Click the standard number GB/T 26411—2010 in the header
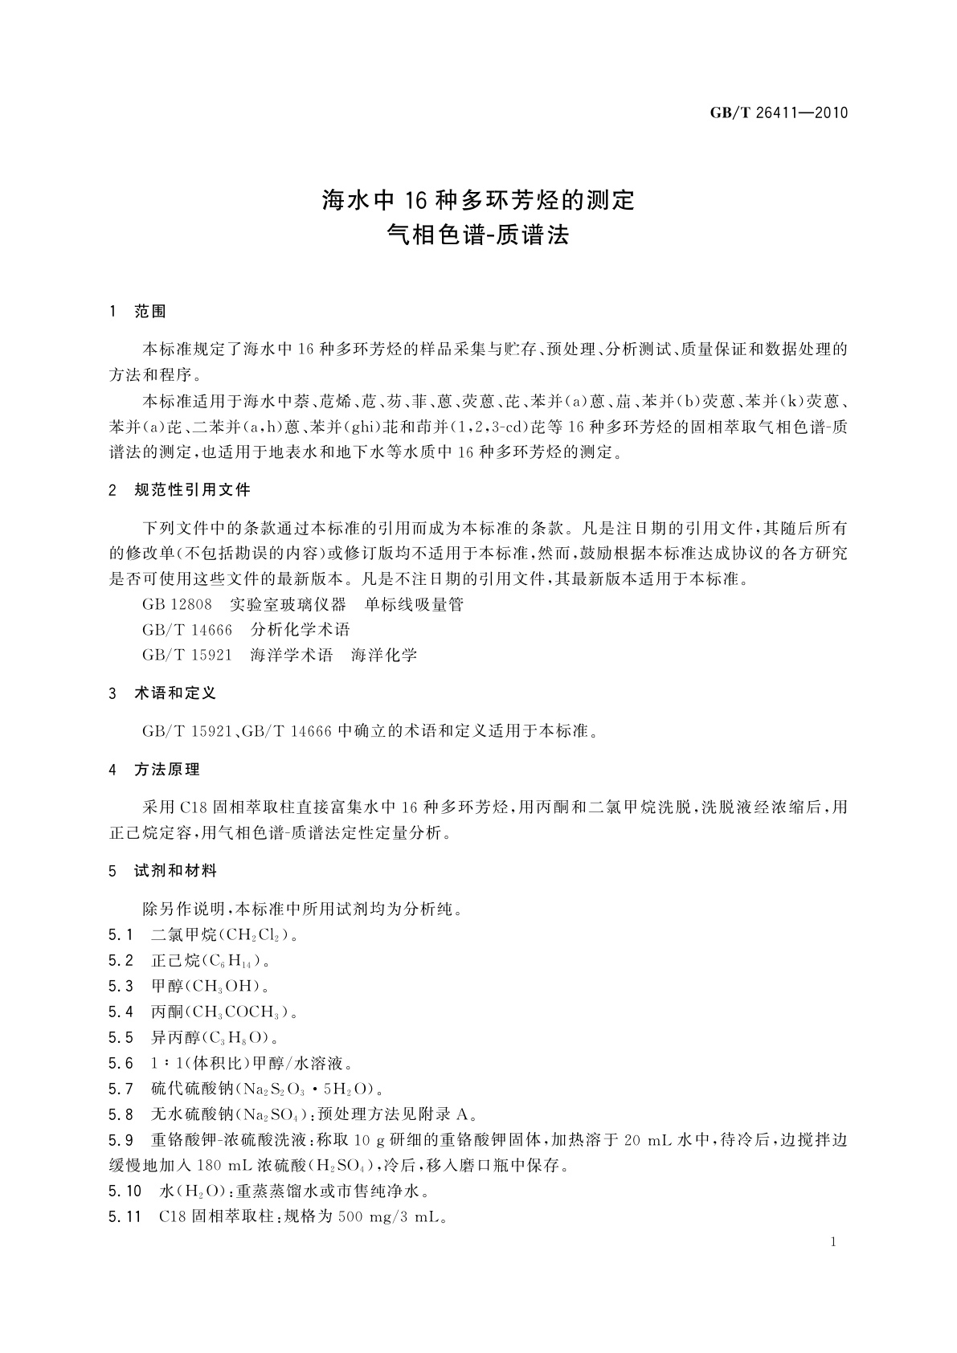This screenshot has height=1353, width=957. (x=779, y=112)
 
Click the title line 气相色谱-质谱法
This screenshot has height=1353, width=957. (x=477, y=235)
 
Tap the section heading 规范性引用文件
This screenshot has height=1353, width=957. (x=192, y=489)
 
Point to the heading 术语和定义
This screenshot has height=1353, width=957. (x=175, y=693)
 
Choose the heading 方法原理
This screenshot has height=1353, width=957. (x=167, y=770)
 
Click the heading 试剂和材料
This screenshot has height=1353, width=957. (x=175, y=871)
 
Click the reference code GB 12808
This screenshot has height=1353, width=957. (x=177, y=604)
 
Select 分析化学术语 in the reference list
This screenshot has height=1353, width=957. (x=301, y=630)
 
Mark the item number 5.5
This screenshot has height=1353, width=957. (x=121, y=1037)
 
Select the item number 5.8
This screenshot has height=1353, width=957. (x=121, y=1115)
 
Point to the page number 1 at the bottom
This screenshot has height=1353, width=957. (x=833, y=1242)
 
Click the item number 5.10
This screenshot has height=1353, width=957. (x=124, y=1192)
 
